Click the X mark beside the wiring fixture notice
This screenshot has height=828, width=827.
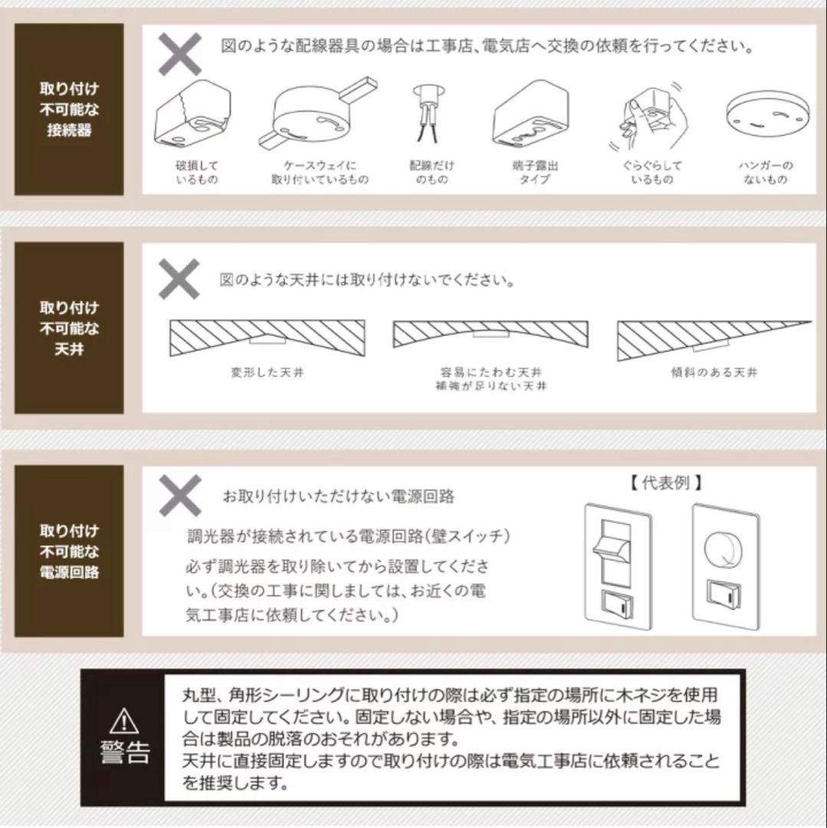tap(180, 54)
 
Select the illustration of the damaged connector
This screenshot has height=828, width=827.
tap(193, 114)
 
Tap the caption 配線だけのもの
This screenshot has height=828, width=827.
tap(432, 172)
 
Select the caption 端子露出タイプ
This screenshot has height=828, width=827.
tap(535, 172)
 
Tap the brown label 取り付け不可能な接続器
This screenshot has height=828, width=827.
tap(69, 110)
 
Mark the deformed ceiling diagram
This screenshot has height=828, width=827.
tap(267, 338)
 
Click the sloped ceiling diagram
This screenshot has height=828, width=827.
tap(714, 340)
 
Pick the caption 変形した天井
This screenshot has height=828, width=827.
tap(267, 373)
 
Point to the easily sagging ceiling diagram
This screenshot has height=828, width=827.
tap(491, 333)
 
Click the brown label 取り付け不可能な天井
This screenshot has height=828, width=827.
tap(69, 328)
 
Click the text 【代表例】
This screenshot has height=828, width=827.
tap(666, 483)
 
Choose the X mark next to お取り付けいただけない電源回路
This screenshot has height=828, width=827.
tap(180, 495)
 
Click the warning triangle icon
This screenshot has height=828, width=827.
tap(125, 720)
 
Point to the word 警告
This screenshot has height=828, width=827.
tap(125, 752)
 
